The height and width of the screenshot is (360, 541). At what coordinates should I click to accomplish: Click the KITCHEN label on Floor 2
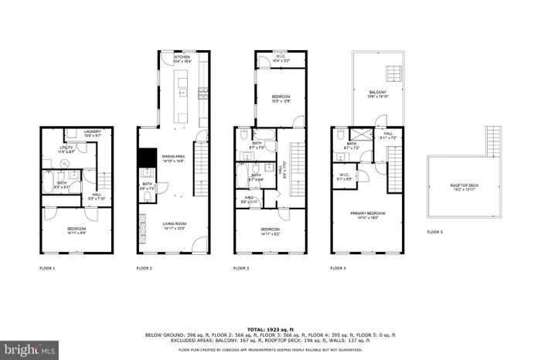point(182,58)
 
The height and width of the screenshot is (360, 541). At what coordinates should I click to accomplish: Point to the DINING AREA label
point(174,158)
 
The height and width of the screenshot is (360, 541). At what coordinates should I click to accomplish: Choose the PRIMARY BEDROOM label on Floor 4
point(372,215)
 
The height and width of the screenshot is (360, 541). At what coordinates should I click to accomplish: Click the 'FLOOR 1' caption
point(48,268)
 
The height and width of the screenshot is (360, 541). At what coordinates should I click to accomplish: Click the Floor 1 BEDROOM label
point(75,230)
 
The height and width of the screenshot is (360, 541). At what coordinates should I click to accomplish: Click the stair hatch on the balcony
point(393,74)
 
